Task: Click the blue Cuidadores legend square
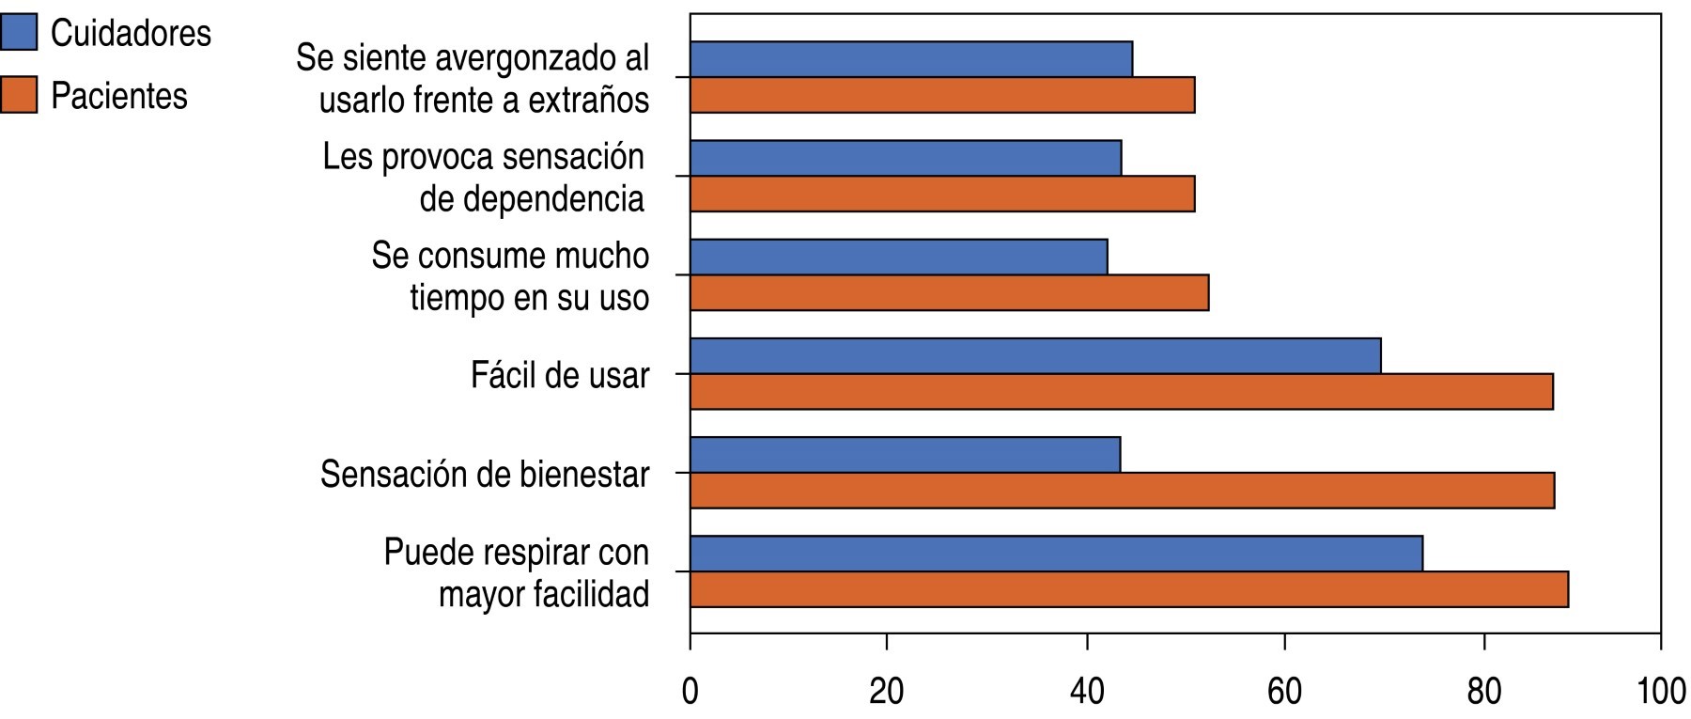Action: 19,32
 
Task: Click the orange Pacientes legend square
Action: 19,95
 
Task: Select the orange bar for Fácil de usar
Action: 1121,391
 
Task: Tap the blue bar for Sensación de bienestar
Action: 905,455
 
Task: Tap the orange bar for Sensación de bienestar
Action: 1122,491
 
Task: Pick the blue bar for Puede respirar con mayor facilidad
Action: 1056,554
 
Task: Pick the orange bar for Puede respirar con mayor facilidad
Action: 1128,589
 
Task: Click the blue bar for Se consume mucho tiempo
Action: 898,257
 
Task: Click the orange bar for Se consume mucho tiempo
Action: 949,292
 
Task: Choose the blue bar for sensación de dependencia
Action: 906,158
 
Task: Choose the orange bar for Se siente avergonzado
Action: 942,95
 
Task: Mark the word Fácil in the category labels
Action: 502,375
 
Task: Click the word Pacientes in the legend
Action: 119,96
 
